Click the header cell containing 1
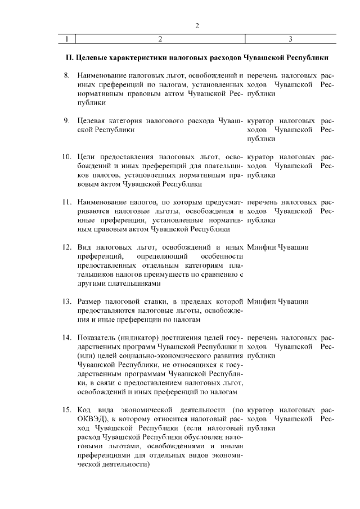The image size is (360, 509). (66, 39)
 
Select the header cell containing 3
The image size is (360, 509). (290, 39)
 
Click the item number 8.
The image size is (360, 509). (66, 75)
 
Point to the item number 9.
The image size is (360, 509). (66, 120)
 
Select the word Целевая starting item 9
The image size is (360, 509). (91, 120)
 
